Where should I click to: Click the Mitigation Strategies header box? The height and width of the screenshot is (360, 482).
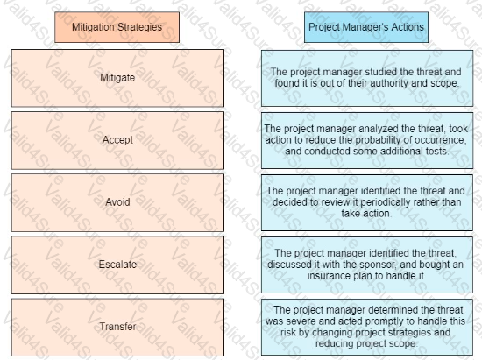(x=117, y=27)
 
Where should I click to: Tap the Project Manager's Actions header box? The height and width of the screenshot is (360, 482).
(x=366, y=27)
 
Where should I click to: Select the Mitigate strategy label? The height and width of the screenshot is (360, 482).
(x=117, y=77)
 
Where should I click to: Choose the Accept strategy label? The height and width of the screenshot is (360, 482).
(x=117, y=140)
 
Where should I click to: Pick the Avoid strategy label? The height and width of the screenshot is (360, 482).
(x=117, y=202)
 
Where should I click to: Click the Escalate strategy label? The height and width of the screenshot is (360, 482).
(x=117, y=265)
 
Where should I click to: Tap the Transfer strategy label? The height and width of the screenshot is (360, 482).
(x=117, y=326)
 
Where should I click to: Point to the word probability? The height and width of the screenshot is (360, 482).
(x=379, y=140)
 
